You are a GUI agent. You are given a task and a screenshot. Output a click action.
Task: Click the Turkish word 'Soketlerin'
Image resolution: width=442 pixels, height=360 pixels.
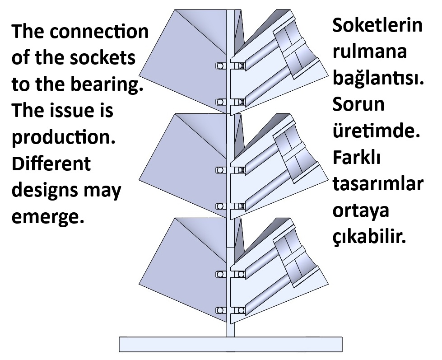[377, 25]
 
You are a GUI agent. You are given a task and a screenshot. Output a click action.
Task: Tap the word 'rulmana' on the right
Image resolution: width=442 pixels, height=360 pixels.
[369, 51]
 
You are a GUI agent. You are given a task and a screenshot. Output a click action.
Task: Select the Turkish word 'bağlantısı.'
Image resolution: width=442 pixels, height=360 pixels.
[377, 79]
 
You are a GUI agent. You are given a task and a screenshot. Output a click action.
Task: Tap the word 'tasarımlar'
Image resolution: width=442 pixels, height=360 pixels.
[377, 184]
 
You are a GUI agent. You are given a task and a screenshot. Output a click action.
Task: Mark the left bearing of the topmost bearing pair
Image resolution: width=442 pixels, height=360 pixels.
[220, 66]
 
